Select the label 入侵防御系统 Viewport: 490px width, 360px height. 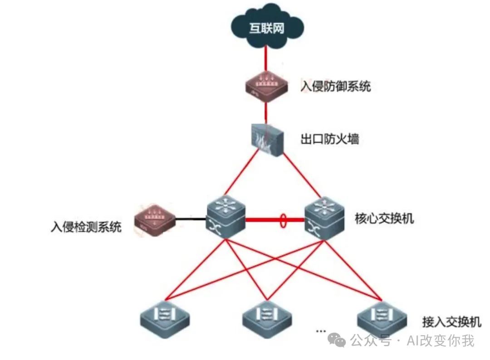click(336, 86)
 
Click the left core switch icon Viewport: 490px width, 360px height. click(225, 217)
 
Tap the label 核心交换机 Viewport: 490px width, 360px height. click(384, 219)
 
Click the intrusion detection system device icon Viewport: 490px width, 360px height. click(154, 221)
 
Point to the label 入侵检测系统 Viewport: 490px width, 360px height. click(86, 226)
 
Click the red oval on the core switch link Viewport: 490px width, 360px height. click(284, 220)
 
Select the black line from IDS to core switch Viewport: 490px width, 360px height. click(190, 219)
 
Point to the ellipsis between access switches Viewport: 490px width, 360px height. click(321, 331)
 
